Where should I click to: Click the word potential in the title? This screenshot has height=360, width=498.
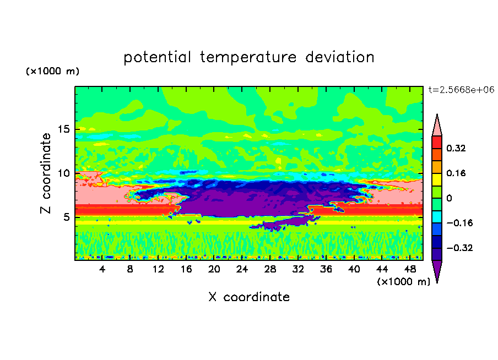point(158,57)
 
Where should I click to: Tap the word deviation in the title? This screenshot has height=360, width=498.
point(340,57)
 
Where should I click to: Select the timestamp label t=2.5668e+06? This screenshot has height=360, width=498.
point(461,90)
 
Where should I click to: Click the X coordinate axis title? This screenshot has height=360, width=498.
point(249,297)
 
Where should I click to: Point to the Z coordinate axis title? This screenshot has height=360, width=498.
point(45,173)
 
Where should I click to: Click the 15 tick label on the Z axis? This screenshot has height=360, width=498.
point(63,129)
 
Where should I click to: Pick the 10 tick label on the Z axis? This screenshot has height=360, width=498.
point(63,173)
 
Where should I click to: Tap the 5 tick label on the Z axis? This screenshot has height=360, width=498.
point(66,217)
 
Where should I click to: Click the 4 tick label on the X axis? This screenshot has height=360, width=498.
point(102,269)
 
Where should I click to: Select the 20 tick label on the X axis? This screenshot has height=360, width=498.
point(214,269)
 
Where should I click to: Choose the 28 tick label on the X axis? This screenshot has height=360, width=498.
point(270,269)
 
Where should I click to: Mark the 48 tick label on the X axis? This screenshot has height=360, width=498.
point(410,269)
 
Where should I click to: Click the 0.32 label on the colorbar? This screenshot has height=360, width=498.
point(456,148)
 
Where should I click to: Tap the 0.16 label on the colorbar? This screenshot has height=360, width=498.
point(456,173)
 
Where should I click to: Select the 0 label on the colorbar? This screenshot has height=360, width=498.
point(449,198)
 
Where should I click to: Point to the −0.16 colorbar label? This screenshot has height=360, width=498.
point(459,223)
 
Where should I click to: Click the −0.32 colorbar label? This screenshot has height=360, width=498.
point(459,248)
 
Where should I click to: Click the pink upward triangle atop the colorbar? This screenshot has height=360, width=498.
point(437,128)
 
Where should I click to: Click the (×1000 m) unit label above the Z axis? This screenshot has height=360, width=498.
point(52,71)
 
